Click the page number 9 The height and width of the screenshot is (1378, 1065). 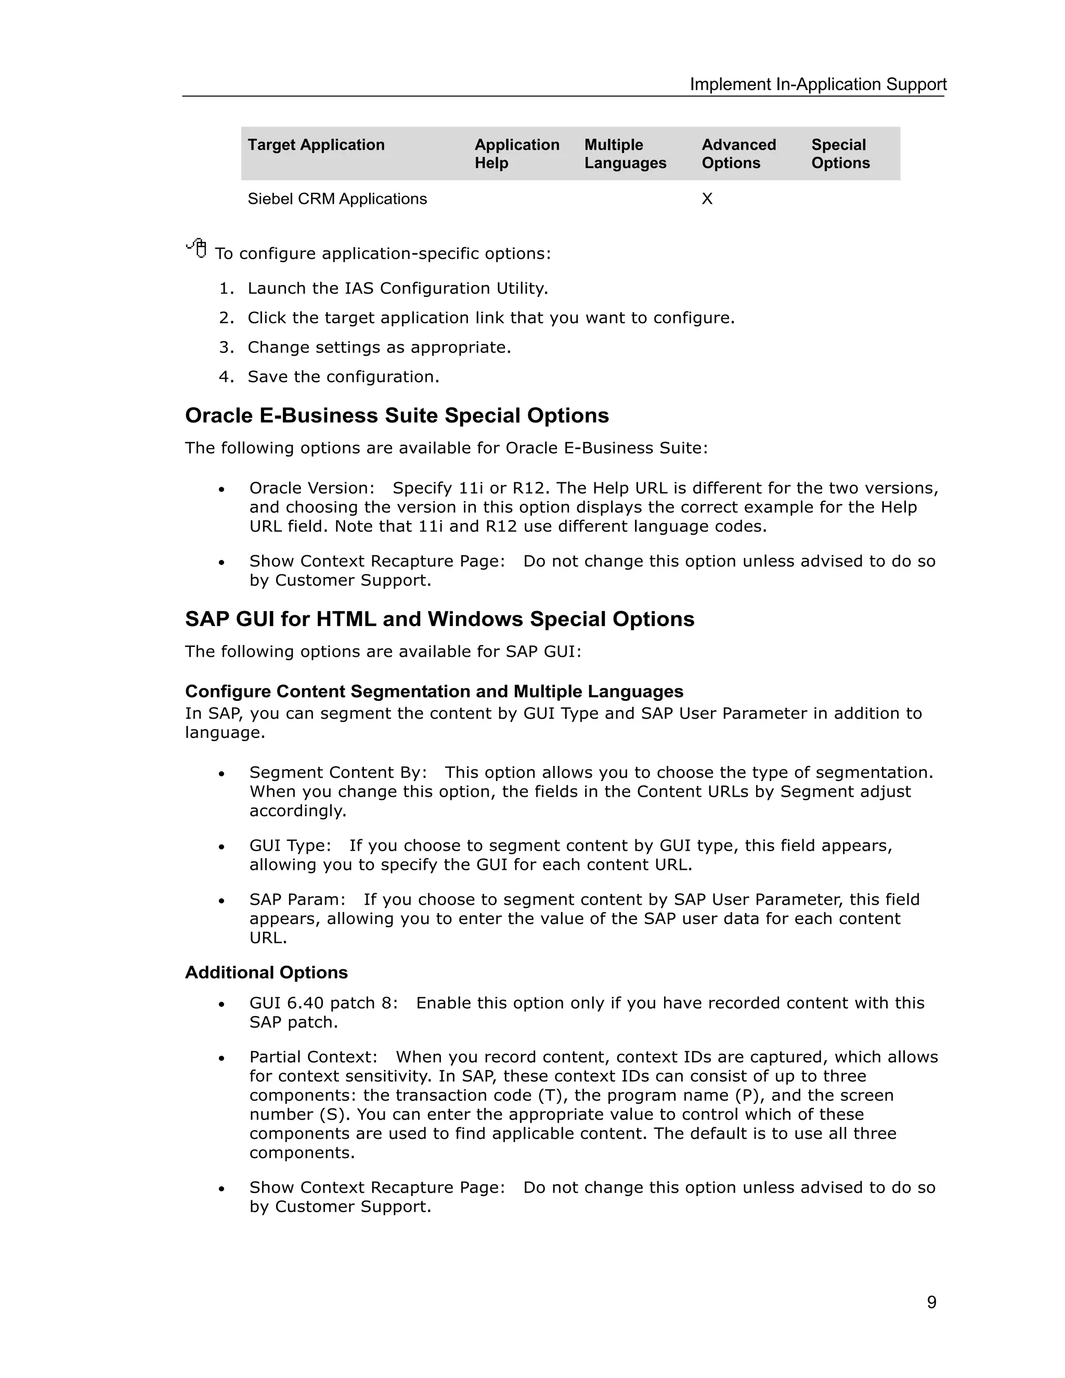point(931,1302)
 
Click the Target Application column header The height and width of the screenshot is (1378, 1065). point(316,145)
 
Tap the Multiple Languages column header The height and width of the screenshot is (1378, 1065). point(625,153)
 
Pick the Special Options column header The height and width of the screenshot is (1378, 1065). point(840,153)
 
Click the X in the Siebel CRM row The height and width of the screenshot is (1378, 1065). point(707,199)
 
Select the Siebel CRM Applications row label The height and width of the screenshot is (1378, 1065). point(337,199)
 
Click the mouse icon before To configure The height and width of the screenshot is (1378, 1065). point(197,248)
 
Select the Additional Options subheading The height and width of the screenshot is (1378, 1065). point(266,972)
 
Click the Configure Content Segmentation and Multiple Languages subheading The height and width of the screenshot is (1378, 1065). point(434,692)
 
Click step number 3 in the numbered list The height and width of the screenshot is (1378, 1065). point(226,348)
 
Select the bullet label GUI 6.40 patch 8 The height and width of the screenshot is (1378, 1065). point(323,1003)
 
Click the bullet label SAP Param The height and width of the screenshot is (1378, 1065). point(296,899)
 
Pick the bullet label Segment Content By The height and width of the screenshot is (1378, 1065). point(337,772)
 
